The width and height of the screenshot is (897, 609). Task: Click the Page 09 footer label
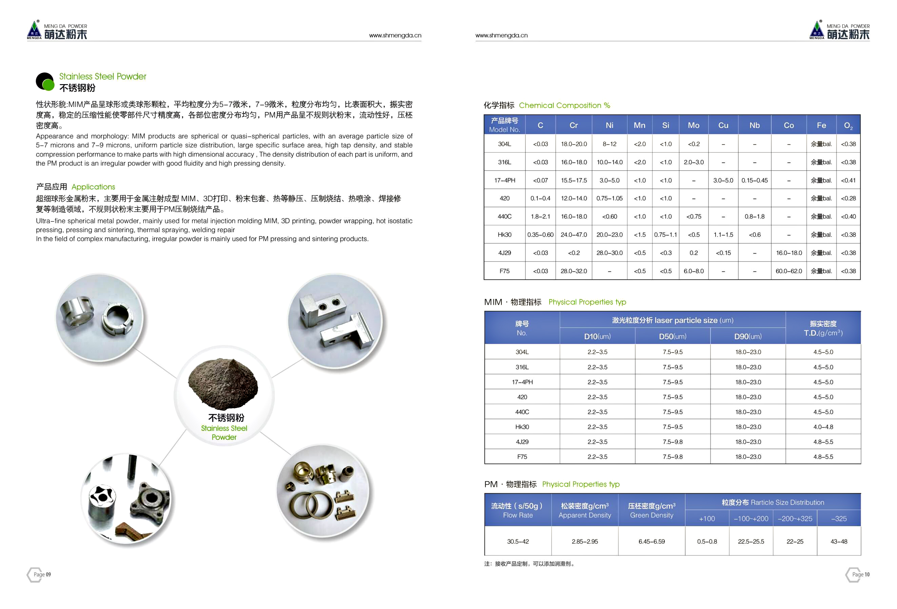42,574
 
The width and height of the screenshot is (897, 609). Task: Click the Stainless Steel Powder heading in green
103,76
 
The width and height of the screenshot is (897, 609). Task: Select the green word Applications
94,187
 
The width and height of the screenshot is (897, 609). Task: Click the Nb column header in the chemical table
754,125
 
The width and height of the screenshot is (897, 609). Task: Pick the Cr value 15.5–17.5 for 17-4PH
574,180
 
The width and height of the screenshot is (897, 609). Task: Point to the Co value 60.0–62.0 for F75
789,271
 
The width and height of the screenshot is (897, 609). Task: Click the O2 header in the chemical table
848,126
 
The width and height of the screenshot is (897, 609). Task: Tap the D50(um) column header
672,336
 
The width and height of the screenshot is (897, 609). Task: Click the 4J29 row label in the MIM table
522,442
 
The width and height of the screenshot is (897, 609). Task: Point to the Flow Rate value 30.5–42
518,541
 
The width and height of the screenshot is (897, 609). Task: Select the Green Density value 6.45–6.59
651,541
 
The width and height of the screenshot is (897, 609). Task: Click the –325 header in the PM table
839,519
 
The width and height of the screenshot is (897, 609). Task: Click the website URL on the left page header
395,36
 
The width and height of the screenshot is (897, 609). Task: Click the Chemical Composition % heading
564,106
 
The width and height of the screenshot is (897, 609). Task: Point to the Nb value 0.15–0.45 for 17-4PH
754,180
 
